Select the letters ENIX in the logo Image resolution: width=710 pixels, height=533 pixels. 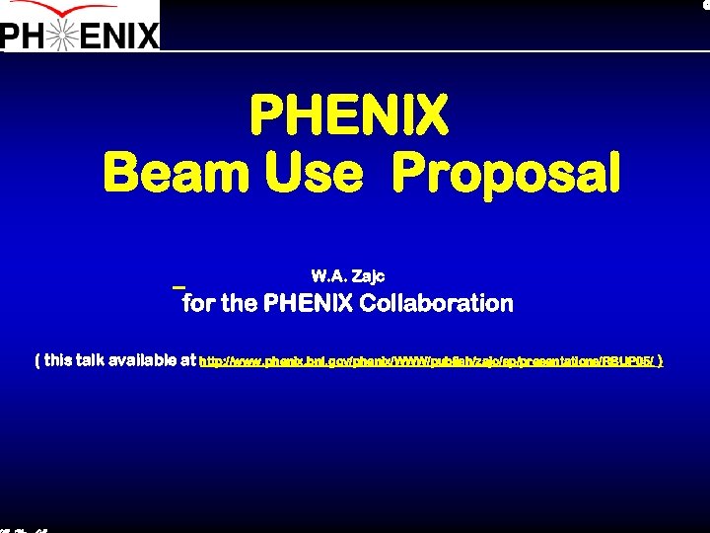[122, 37]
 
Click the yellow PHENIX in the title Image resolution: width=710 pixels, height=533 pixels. [349, 114]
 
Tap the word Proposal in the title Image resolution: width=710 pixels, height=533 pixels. [506, 174]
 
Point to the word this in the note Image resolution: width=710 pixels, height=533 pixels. [59, 360]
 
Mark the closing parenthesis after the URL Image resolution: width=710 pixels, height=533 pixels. [660, 360]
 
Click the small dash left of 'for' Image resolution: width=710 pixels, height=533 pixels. [178, 287]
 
